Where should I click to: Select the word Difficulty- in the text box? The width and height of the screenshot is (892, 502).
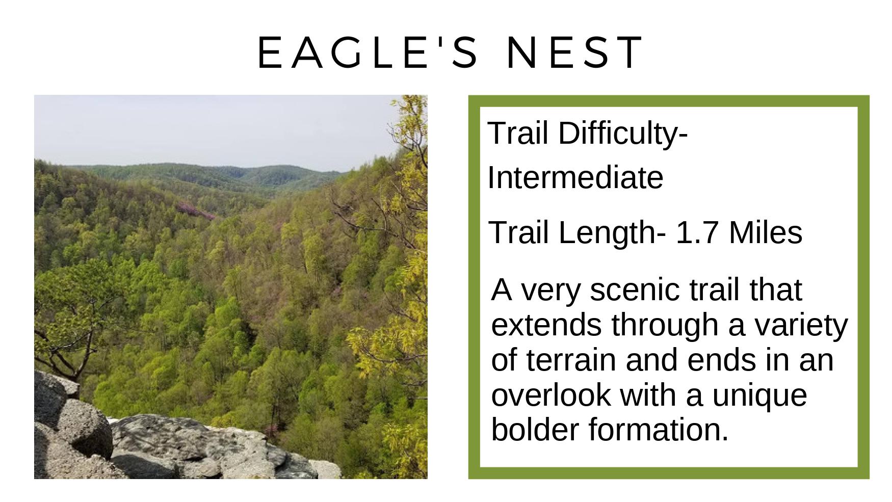(623, 134)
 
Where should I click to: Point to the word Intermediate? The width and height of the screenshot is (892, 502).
(575, 178)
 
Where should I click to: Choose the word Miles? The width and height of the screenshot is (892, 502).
(766, 232)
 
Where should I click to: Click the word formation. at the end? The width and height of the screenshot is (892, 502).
(659, 429)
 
